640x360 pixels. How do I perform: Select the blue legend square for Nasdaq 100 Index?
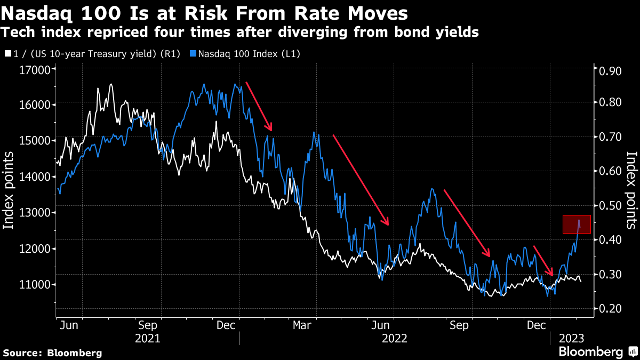point(194,54)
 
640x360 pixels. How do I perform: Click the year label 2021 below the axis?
point(147,338)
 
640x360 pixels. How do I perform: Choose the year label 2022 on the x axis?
point(395,338)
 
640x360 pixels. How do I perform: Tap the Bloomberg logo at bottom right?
point(598,351)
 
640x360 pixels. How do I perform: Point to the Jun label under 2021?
point(66,324)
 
